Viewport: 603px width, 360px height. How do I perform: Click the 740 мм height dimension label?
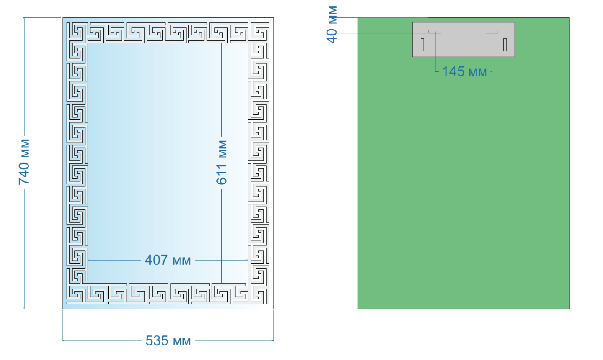tap(24, 162)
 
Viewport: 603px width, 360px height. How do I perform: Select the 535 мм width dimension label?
tap(168, 341)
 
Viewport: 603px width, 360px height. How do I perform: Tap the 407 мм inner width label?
tap(168, 260)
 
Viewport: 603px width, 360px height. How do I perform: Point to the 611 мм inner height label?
tap(222, 162)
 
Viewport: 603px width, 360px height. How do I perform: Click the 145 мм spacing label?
tap(465, 71)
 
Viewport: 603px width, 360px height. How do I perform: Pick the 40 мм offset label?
tap(332, 24)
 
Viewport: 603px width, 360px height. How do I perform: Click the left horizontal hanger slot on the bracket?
tap(435, 32)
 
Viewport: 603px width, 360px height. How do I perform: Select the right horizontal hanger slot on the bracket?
tap(492, 32)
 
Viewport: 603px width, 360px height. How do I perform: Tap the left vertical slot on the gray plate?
tap(422, 45)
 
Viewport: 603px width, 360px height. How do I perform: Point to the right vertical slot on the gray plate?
tap(505, 45)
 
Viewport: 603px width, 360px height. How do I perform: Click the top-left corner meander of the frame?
tap(77, 33)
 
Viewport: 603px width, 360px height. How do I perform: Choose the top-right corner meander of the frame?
tap(258, 33)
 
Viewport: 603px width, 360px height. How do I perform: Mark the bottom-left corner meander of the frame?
tap(77, 294)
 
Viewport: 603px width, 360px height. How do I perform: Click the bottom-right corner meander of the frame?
tap(258, 294)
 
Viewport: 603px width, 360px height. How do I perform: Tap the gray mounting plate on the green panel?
tap(464, 40)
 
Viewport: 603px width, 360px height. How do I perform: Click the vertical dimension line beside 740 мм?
tap(24, 163)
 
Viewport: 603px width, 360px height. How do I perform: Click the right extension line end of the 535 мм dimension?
tap(274, 341)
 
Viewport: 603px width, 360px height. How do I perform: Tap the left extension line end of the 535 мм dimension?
tap(63, 341)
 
